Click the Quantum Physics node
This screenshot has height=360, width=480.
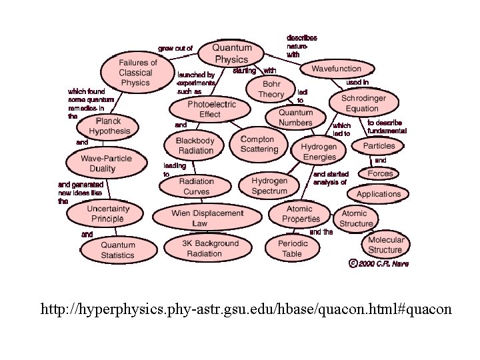click(x=232, y=53)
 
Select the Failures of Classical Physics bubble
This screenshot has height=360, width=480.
click(x=135, y=73)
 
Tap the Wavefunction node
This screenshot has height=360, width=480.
click(x=336, y=69)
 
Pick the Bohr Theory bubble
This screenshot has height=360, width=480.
click(x=271, y=89)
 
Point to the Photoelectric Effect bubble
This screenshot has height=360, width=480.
click(x=203, y=109)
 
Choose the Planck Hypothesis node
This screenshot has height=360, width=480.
click(x=109, y=126)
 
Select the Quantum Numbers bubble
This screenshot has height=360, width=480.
click(x=295, y=118)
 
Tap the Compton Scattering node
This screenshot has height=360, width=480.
click(x=259, y=144)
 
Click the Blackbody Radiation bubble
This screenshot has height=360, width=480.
click(x=195, y=145)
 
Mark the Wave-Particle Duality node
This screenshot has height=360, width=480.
click(x=107, y=163)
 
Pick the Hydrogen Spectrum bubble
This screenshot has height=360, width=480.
click(x=269, y=186)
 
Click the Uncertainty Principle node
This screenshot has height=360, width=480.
click(x=107, y=213)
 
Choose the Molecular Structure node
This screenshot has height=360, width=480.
click(x=385, y=245)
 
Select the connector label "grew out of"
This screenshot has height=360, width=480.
click(x=175, y=48)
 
